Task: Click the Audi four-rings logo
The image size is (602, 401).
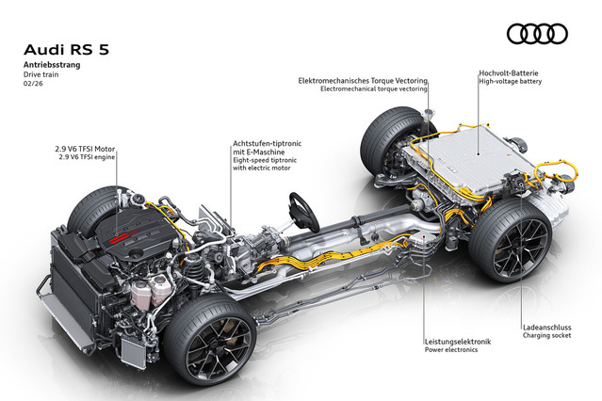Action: (537, 34)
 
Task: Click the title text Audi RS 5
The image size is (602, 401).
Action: (67, 50)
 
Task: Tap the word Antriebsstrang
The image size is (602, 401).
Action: (52, 64)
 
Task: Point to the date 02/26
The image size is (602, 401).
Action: (33, 83)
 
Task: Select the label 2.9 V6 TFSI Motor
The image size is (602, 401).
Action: (85, 149)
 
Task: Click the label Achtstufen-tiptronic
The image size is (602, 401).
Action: (268, 143)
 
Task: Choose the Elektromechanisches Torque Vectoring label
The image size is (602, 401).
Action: (363, 81)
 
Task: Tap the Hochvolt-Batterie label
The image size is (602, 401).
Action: (509, 72)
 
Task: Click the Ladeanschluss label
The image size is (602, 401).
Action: (547, 328)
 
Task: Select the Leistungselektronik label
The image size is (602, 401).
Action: (458, 342)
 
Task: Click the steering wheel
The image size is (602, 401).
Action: (303, 212)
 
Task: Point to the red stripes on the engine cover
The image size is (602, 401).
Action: (123, 237)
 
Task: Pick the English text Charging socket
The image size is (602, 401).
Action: (547, 335)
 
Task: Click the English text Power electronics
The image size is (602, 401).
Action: (451, 349)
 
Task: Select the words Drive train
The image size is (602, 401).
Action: (41, 74)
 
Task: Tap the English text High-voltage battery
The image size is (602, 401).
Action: (511, 81)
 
